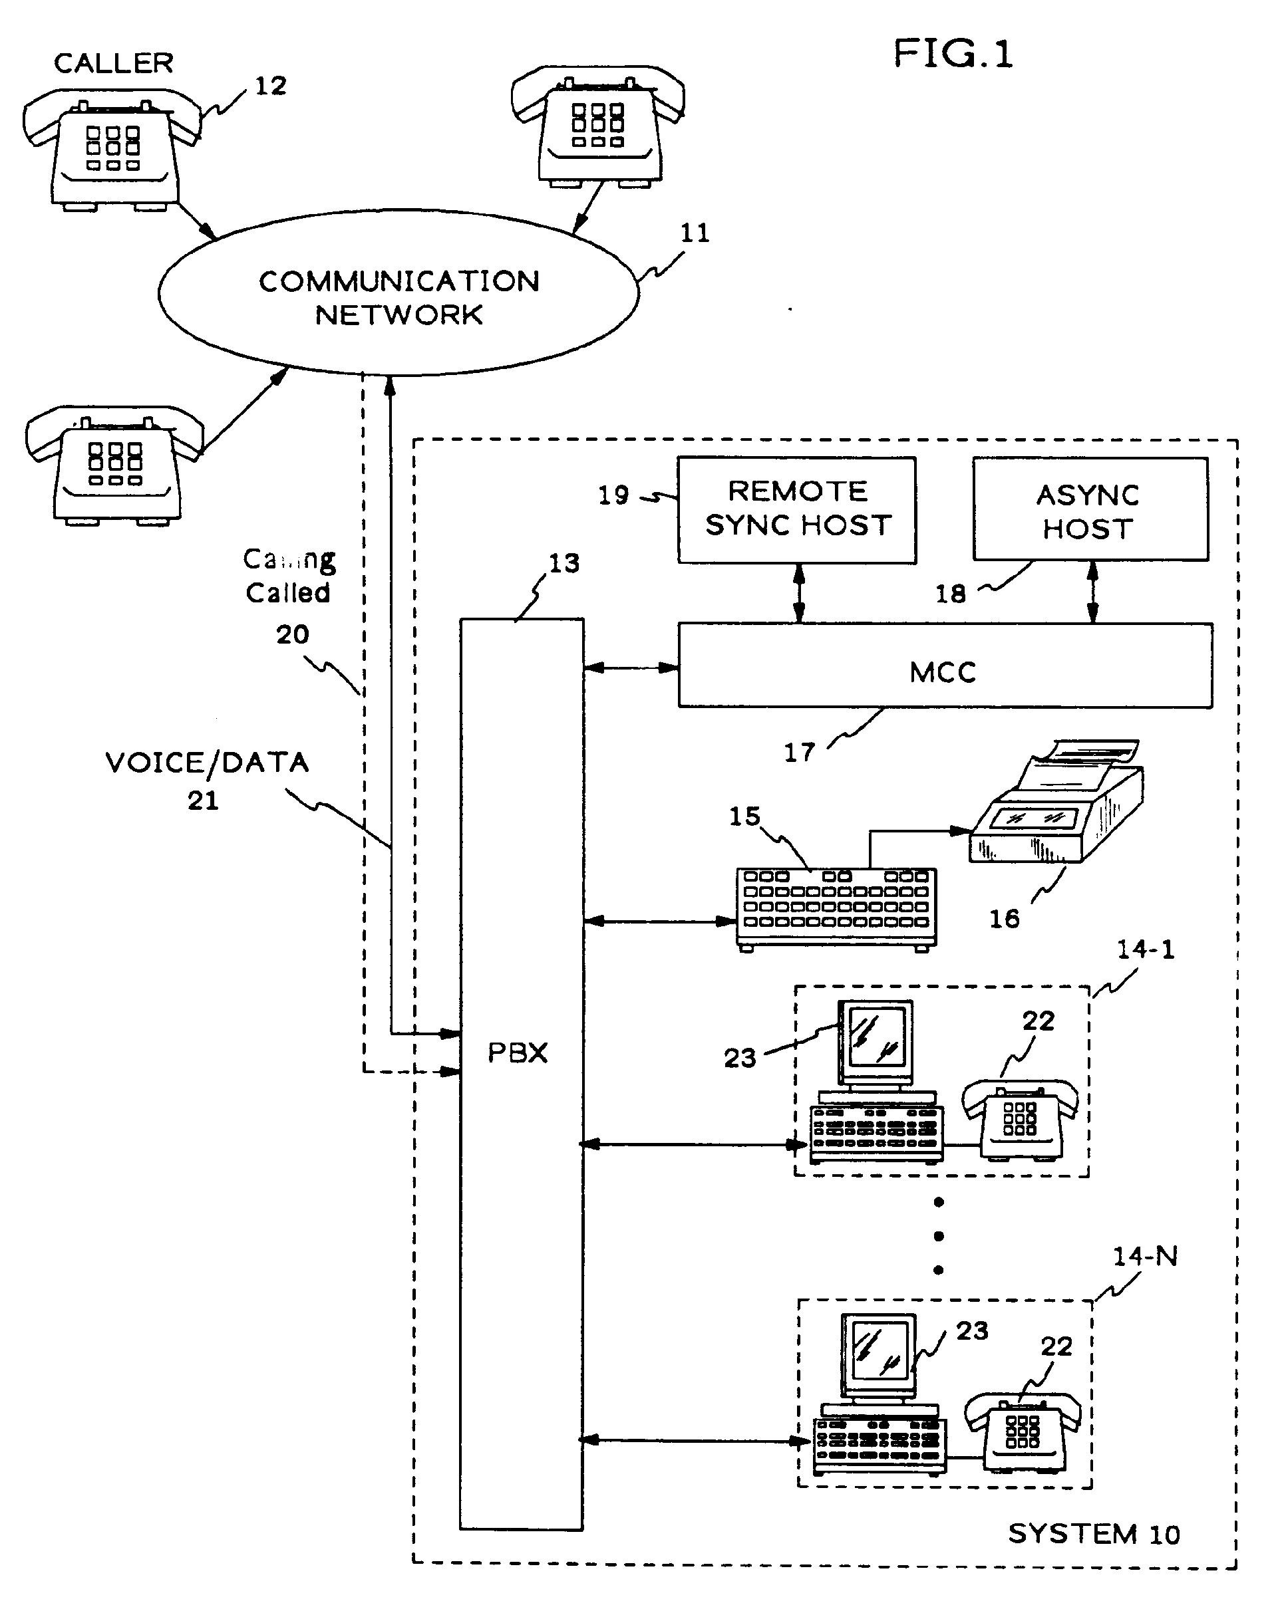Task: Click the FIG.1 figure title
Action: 952,54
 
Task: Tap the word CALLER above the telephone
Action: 114,63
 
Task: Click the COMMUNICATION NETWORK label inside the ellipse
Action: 399,297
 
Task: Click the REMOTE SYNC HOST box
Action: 796,509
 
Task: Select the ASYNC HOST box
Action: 1090,511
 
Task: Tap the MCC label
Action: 943,672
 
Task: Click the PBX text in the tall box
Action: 518,1053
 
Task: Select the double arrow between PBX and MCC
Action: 631,668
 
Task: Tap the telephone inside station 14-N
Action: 1022,1432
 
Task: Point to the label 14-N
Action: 1144,1255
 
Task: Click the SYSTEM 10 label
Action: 1093,1533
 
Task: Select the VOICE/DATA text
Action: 208,763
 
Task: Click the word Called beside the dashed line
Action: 288,592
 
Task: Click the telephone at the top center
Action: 598,126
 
